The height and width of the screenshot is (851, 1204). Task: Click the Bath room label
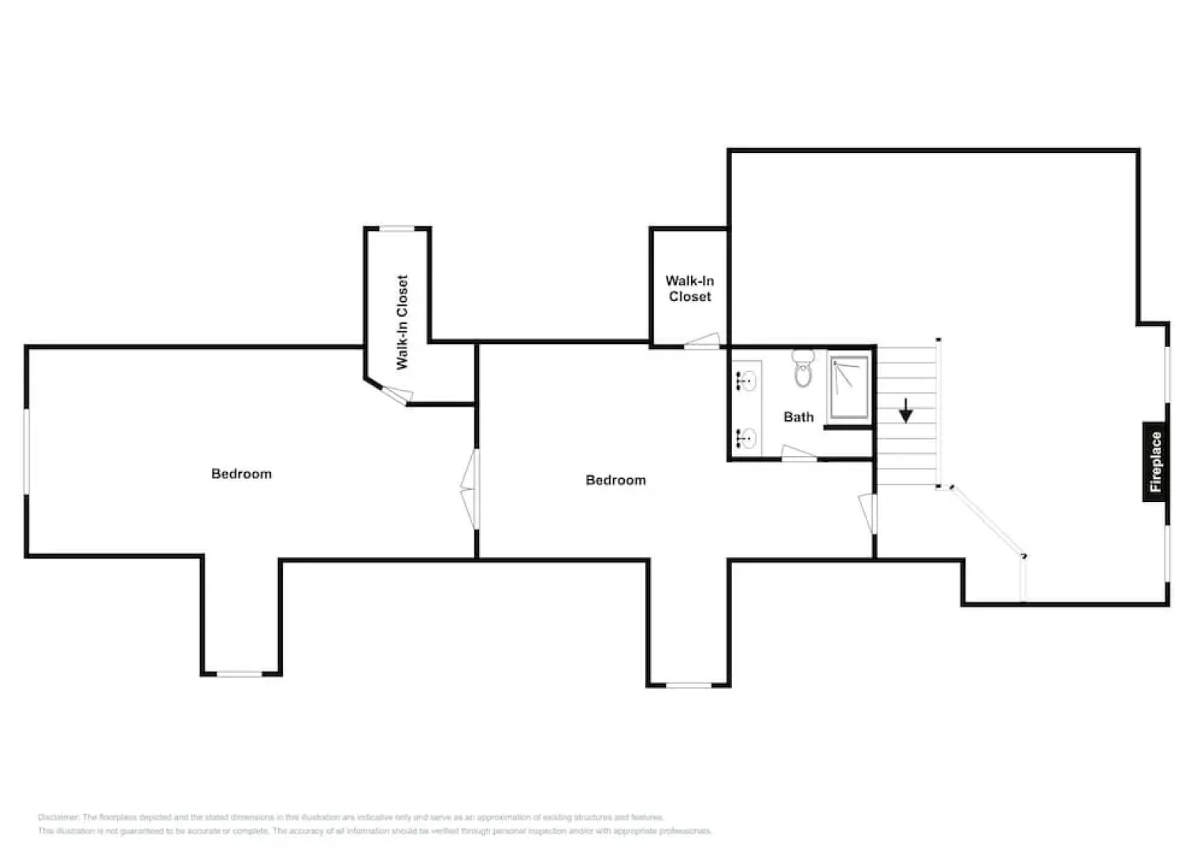coord(798,417)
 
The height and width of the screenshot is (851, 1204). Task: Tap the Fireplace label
coord(1155,462)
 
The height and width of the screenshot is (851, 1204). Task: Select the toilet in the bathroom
coord(803,368)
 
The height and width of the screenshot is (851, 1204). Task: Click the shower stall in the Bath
coord(849,388)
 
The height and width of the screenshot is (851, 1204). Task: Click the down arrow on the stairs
coord(906,411)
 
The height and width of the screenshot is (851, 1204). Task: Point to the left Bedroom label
coord(241,474)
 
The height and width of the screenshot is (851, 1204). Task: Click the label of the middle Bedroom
coord(615,480)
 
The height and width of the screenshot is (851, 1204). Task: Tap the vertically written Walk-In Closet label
coord(402,322)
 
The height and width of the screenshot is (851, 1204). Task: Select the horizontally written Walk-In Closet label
coord(689,288)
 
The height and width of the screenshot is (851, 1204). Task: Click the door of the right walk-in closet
coord(702,340)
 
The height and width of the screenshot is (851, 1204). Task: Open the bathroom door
coord(798,453)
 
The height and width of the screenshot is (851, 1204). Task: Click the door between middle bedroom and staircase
coord(869,513)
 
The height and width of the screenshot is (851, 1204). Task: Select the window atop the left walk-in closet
coord(397,229)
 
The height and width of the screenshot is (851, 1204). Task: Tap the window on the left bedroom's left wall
coord(27,452)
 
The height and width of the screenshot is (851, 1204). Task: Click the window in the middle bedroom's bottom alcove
coord(689,685)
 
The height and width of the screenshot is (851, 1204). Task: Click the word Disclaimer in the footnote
coord(58,818)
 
